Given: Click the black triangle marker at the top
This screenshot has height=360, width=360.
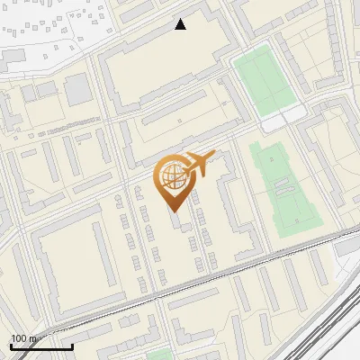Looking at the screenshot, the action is (x=181, y=24).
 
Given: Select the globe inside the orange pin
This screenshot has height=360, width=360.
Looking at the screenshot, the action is (x=174, y=176).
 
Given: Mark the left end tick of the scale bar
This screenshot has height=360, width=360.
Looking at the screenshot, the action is (x=11, y=346).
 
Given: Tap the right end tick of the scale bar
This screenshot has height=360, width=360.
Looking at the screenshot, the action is (x=72, y=346).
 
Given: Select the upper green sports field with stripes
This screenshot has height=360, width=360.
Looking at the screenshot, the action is (x=262, y=81).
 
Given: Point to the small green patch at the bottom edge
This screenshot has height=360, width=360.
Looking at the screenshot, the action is (x=160, y=355).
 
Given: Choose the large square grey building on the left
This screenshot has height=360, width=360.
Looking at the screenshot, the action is (x=77, y=89).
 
